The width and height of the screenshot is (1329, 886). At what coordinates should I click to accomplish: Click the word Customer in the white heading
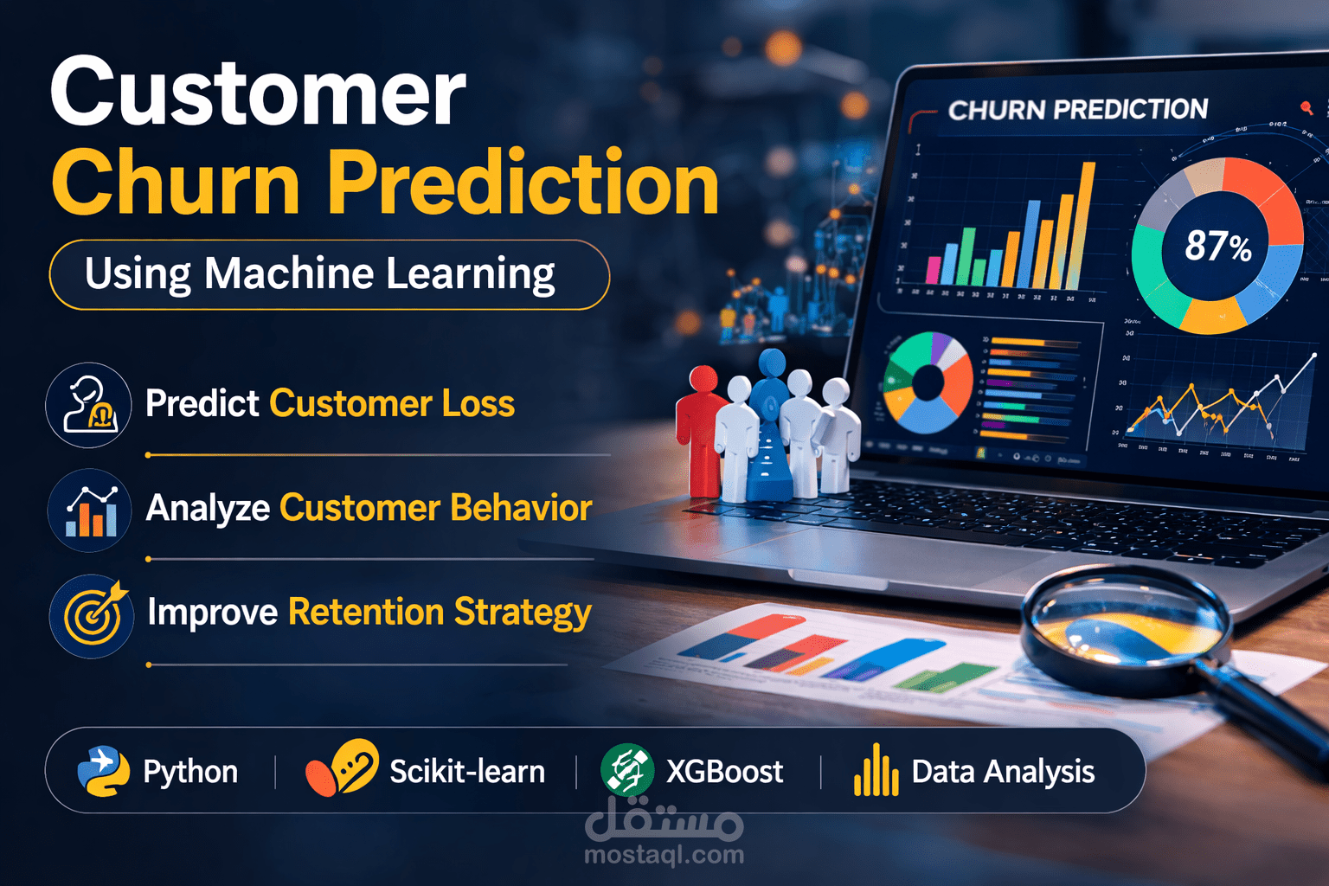(x=258, y=93)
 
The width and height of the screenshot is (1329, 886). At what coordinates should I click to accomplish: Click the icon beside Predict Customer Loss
(x=88, y=405)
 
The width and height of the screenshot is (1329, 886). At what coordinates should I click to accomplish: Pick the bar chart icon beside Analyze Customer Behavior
(x=90, y=510)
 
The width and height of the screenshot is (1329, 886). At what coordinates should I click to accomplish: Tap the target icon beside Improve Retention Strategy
(x=93, y=616)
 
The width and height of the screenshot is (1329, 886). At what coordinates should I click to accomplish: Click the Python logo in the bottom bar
(x=103, y=771)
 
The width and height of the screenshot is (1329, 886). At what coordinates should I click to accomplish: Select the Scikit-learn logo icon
(x=342, y=768)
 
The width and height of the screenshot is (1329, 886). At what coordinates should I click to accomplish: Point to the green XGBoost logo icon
(x=626, y=770)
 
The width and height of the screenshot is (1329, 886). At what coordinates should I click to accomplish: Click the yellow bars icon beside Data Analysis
(x=876, y=771)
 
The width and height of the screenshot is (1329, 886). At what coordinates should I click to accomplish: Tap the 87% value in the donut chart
(x=1217, y=246)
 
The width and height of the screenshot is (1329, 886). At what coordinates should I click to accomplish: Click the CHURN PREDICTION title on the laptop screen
(x=1077, y=110)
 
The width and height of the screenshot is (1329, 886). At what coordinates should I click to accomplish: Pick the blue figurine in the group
(x=770, y=424)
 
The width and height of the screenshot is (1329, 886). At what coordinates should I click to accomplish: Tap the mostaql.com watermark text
(x=664, y=855)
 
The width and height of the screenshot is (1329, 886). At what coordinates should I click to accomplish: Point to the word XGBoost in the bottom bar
(x=724, y=771)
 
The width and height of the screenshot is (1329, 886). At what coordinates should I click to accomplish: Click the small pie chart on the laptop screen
(x=928, y=382)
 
